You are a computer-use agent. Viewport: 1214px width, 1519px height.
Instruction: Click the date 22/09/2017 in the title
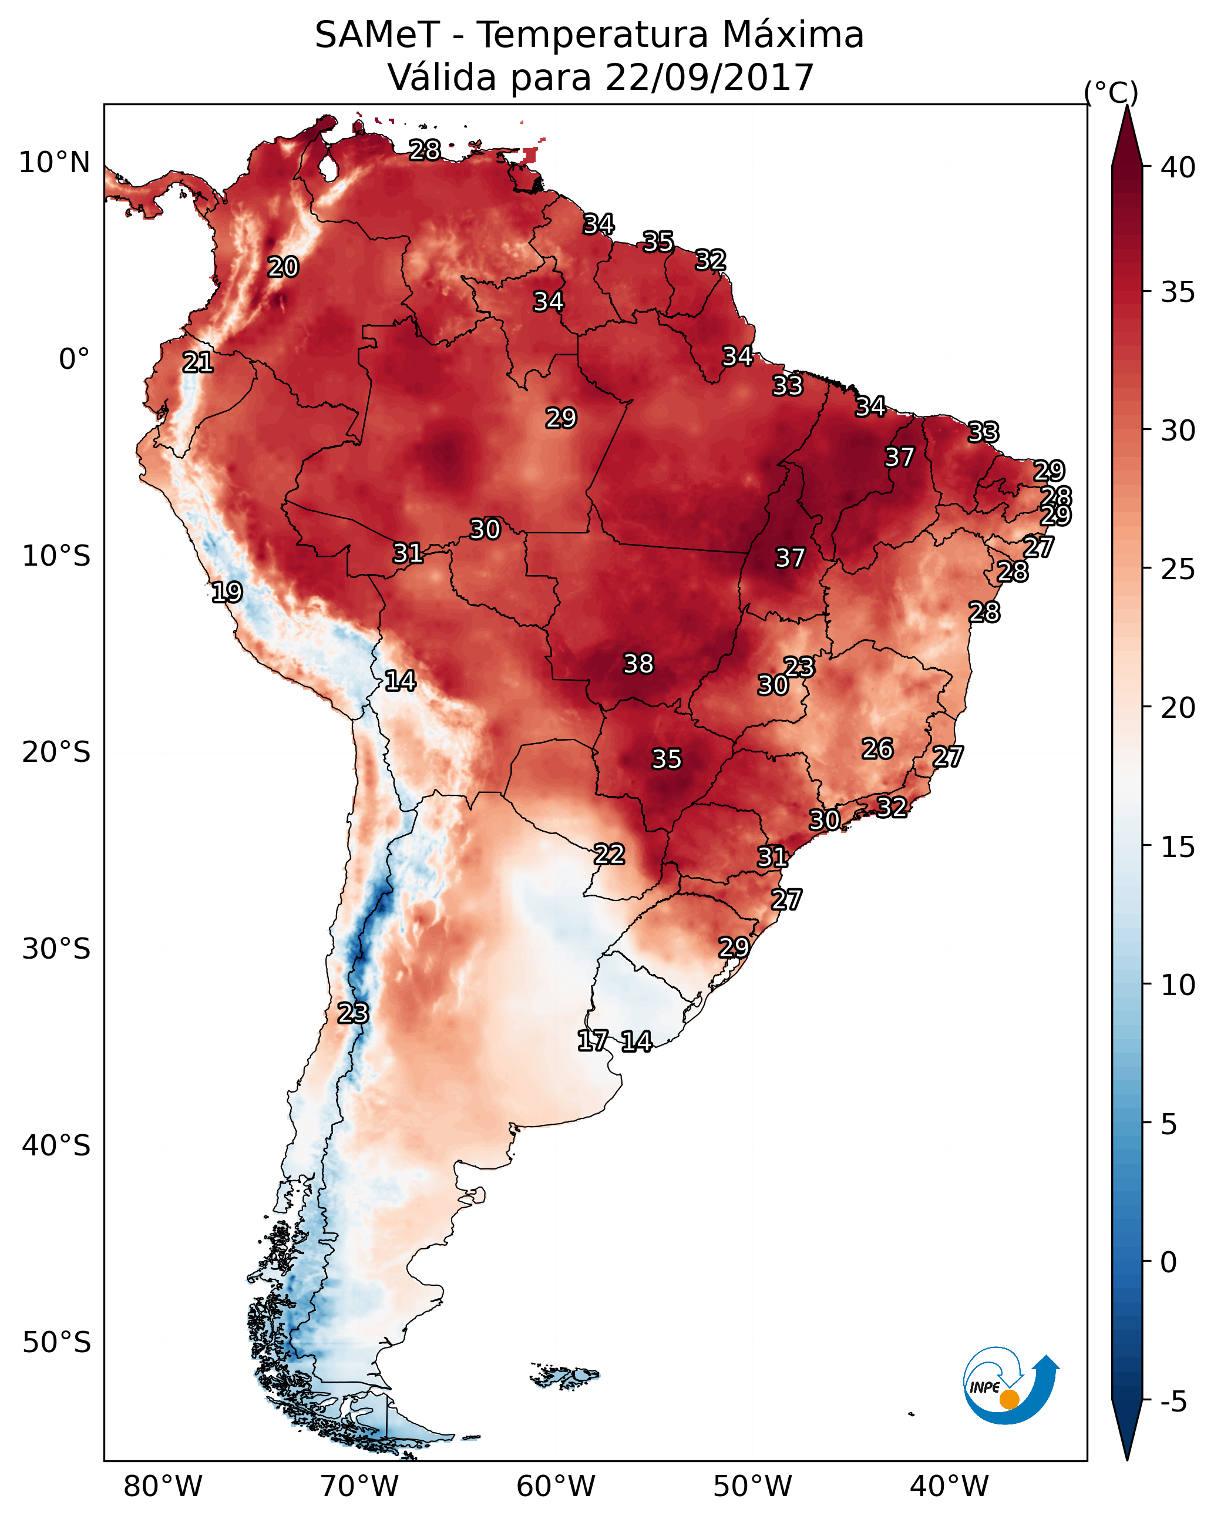click(709, 78)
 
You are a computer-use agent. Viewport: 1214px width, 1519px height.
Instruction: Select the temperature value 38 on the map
click(638, 664)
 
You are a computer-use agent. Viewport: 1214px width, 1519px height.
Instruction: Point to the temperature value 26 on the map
click(877, 749)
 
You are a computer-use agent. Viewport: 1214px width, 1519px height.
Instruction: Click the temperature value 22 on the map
click(608, 855)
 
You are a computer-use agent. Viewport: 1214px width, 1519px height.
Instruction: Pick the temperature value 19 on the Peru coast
click(227, 593)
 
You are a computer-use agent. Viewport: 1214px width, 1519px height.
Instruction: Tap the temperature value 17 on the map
click(592, 1041)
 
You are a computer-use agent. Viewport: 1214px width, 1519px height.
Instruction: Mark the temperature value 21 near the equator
click(198, 363)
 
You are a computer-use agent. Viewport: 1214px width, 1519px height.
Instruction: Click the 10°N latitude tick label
click(54, 163)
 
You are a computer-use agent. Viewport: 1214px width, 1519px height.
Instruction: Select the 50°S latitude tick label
click(56, 1343)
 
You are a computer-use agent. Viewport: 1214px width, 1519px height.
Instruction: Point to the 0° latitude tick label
click(74, 359)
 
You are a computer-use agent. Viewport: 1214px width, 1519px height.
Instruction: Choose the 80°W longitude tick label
click(163, 1486)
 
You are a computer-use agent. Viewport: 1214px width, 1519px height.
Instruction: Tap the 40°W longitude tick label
click(949, 1486)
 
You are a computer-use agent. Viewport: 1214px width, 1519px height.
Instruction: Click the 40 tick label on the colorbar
click(1178, 167)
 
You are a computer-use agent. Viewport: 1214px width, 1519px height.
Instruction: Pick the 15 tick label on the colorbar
click(1178, 847)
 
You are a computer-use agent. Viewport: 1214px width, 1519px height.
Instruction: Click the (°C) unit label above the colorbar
click(1111, 92)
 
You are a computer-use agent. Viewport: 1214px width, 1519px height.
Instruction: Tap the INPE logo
click(1010, 1386)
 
